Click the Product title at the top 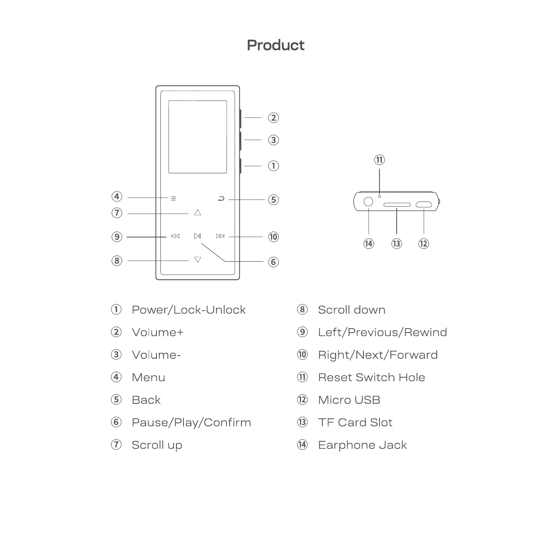click(275, 45)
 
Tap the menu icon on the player click(173, 199)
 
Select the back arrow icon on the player click(221, 199)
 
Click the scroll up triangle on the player click(198, 212)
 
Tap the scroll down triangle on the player click(198, 260)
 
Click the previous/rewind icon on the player click(175, 236)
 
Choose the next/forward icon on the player click(220, 236)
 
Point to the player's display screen click(198, 137)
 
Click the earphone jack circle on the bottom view click(369, 202)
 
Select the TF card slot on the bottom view click(397, 205)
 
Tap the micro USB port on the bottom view click(424, 204)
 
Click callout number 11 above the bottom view click(379, 160)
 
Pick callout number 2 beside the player click(273, 118)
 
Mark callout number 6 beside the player click(273, 262)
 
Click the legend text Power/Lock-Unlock click(189, 310)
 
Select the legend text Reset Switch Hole click(371, 378)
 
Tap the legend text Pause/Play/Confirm click(191, 423)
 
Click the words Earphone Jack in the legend click(362, 445)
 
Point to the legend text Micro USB click(349, 400)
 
